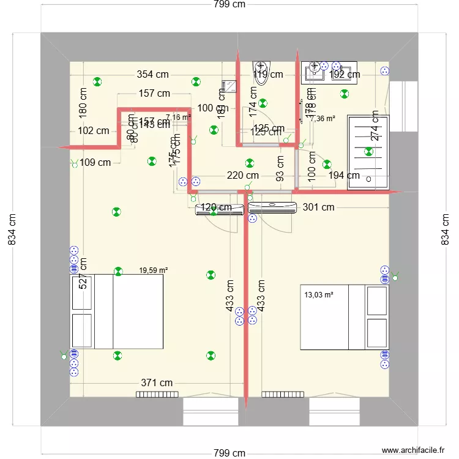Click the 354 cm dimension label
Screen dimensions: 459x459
tap(153, 75)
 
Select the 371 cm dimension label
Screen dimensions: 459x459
tap(157, 382)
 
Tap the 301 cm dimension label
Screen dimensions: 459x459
tap(319, 207)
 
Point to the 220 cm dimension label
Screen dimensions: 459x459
tap(242, 176)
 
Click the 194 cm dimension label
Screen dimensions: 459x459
tap(344, 176)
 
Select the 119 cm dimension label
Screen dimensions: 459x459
tap(268, 75)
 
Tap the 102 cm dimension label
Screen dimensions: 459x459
tap(94, 130)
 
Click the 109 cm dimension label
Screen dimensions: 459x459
tap(95, 163)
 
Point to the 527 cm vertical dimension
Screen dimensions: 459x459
tap(83, 273)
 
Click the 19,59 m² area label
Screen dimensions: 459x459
tap(154, 270)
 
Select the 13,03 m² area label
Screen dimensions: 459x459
tap(319, 295)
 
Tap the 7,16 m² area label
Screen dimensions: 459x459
tap(178, 117)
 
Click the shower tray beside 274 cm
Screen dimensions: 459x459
tap(367, 151)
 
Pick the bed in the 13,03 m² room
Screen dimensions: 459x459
tap(344, 317)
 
